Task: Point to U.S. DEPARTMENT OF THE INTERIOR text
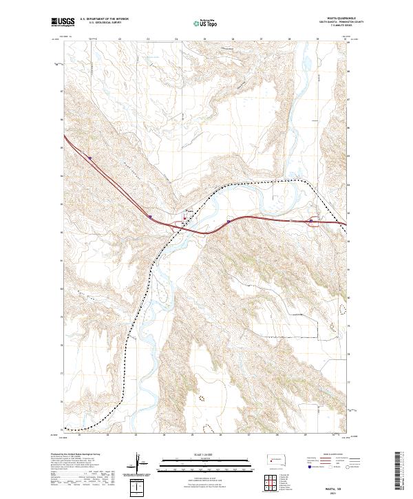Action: coord(104,19)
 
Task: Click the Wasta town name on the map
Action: coord(191,211)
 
